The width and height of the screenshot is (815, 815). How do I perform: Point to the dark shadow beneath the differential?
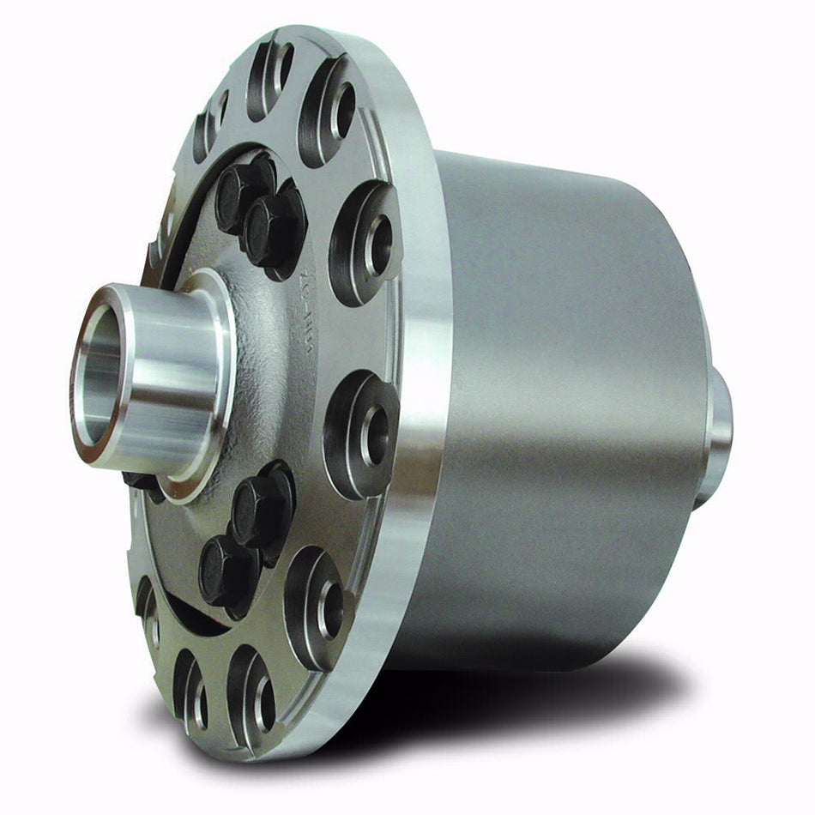click(532, 695)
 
